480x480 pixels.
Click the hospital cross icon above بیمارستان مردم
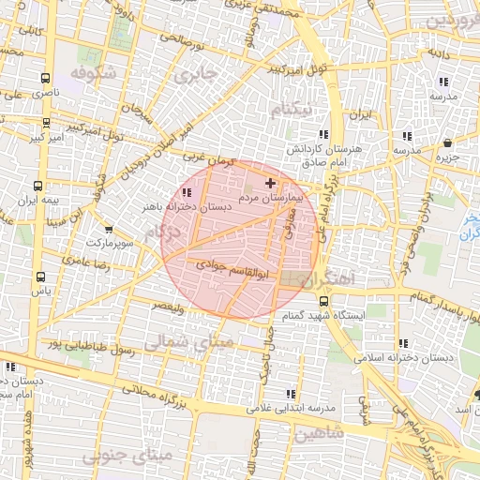pos(271,182)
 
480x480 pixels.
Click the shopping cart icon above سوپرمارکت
pos(109,229)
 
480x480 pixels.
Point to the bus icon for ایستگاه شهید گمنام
pos(323,301)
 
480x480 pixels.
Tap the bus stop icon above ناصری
pos(46,79)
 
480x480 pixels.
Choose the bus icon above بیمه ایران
pos(37,186)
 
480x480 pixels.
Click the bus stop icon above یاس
pos(40,277)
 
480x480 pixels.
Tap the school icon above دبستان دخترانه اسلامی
pos(403,343)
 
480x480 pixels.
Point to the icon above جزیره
pos(448,142)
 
